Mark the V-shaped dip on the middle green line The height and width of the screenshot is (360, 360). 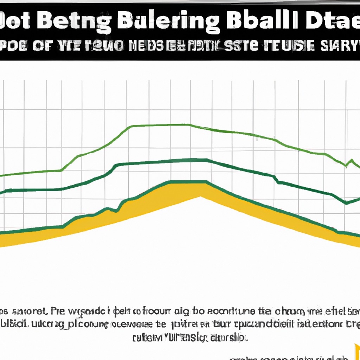tap(346, 203)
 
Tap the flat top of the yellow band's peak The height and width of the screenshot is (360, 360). tap(188, 183)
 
